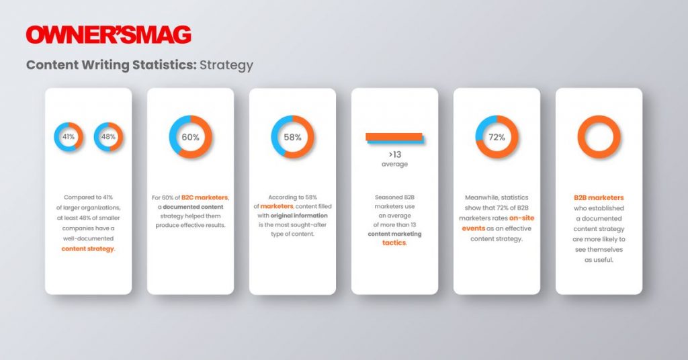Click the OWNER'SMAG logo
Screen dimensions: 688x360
pyautogui.click(x=108, y=35)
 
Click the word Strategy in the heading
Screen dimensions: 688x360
pyautogui.click(x=226, y=65)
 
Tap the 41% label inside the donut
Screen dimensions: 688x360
pyautogui.click(x=69, y=137)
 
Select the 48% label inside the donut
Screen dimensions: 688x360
pyautogui.click(x=108, y=137)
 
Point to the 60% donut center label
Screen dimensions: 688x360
pyautogui.click(x=190, y=137)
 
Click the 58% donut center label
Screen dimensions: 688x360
pyautogui.click(x=293, y=137)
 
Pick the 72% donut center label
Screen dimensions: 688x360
pyautogui.click(x=497, y=137)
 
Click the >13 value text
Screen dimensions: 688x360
pyautogui.click(x=395, y=154)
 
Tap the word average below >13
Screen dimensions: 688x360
pyautogui.click(x=394, y=164)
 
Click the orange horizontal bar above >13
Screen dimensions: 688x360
pyautogui.click(x=394, y=136)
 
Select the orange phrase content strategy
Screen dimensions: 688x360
pyautogui.click(x=88, y=249)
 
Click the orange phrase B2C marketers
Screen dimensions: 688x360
pyautogui.click(x=204, y=197)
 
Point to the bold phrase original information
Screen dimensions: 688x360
pyautogui.click(x=299, y=216)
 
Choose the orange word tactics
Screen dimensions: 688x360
pyautogui.click(x=394, y=242)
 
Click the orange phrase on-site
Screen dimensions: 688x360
pyautogui.click(x=521, y=218)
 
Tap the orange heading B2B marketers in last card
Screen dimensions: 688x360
pyautogui.click(x=599, y=197)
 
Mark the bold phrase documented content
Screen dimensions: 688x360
pyautogui.click(x=193, y=206)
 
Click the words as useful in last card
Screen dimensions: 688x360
pyautogui.click(x=599, y=259)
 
